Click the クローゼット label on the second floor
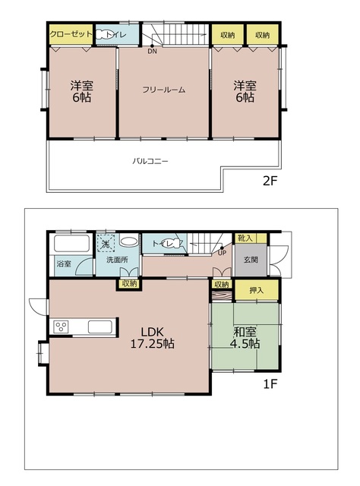(x=71, y=35)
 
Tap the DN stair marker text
(x=152, y=52)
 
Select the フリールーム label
(x=164, y=90)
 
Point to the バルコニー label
(x=150, y=162)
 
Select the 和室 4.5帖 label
(x=245, y=337)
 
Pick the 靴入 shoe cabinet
(x=246, y=238)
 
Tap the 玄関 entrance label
(x=251, y=259)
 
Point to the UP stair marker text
(x=221, y=254)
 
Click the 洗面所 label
(x=109, y=263)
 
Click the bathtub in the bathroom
(x=71, y=245)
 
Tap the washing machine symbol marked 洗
(x=107, y=243)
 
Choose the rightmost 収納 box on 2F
(x=263, y=35)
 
